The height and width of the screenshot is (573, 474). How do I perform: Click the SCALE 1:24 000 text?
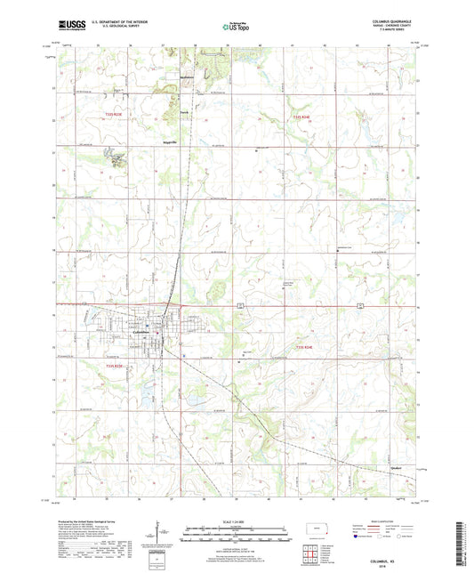click(237, 521)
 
